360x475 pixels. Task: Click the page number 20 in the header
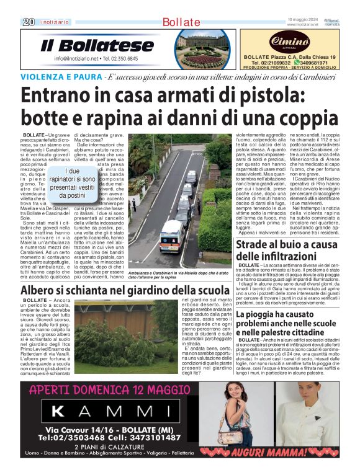(x=28, y=22)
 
